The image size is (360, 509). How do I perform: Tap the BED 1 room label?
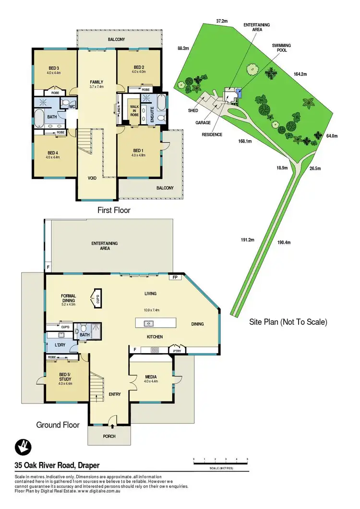point(139,151)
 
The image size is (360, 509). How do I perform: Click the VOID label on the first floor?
point(92,178)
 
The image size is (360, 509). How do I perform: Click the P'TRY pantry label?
point(179,350)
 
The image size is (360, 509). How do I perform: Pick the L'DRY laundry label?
point(60,346)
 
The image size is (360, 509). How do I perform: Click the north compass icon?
point(22,447)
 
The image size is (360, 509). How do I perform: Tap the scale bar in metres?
point(220,463)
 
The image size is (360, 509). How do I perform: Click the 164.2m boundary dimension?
point(300,74)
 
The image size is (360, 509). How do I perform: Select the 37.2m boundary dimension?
point(221,21)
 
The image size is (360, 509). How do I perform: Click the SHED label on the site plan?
point(193,110)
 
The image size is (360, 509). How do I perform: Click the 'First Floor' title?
point(114,210)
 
